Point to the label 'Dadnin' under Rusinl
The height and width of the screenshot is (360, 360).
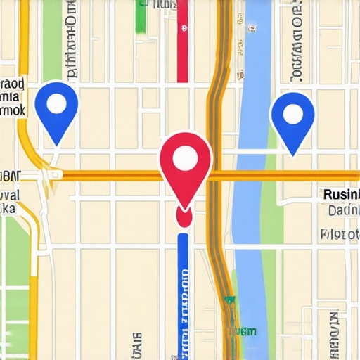343,210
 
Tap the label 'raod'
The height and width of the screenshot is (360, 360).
13,84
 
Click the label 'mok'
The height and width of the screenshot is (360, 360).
13,110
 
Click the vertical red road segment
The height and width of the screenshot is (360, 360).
182,42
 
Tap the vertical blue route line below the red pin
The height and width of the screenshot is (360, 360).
184,295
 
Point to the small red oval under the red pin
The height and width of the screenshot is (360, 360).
184,218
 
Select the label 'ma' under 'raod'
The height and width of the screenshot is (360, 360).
10,97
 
